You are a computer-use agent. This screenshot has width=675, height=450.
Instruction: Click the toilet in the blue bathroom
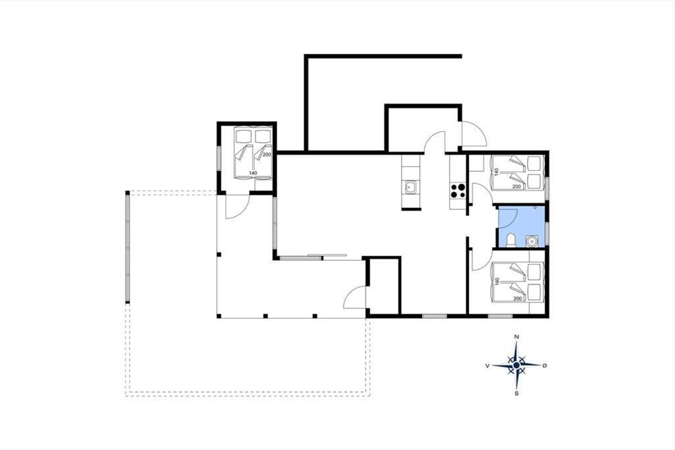pyautogui.click(x=511, y=241)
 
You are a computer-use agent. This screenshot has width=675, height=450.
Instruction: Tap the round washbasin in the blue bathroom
pyautogui.click(x=532, y=241)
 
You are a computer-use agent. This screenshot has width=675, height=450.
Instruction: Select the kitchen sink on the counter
pyautogui.click(x=411, y=187)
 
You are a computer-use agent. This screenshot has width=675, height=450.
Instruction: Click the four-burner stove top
pyautogui.click(x=457, y=191)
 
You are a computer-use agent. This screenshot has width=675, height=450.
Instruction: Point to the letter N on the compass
pyautogui.click(x=516, y=337)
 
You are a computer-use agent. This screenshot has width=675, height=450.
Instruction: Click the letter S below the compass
pyautogui.click(x=516, y=394)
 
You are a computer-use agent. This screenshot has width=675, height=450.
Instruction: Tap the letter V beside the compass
pyautogui.click(x=487, y=366)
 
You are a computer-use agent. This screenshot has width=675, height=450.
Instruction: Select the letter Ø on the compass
pyautogui.click(x=544, y=365)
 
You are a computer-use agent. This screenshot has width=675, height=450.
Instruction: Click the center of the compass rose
pyautogui.click(x=516, y=365)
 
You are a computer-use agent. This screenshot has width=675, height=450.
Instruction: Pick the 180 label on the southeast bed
pyautogui.click(x=497, y=281)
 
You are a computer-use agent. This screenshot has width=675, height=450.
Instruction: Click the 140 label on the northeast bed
pyautogui.click(x=497, y=172)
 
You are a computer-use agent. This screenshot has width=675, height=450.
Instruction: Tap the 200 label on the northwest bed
pyautogui.click(x=267, y=155)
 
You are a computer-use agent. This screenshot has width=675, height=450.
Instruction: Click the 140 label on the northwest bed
pyautogui.click(x=253, y=173)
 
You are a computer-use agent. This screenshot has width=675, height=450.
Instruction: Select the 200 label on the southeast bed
pyautogui.click(x=517, y=298)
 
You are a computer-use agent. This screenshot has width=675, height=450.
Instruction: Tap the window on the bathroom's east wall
pyautogui.click(x=547, y=233)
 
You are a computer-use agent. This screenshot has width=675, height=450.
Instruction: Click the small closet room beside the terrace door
pyautogui.click(x=384, y=286)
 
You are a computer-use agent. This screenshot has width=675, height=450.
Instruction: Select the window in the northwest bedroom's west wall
pyautogui.click(x=219, y=158)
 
